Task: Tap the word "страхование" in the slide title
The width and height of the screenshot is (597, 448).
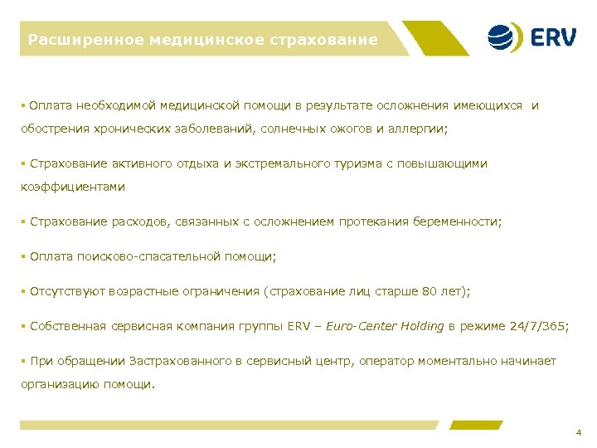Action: pos(329,39)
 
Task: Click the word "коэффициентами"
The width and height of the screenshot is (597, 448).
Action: pos(73,187)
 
